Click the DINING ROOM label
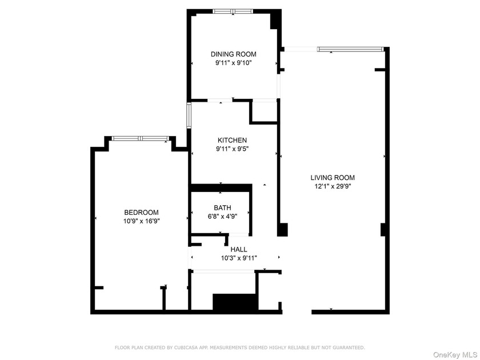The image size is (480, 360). pyautogui.click(x=233, y=54)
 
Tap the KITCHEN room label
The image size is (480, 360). pyautogui.click(x=232, y=140)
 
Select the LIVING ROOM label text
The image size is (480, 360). pyautogui.click(x=333, y=177)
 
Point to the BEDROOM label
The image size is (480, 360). pyautogui.click(x=141, y=212)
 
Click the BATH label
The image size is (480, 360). pyautogui.click(x=222, y=208)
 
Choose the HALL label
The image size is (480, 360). pyautogui.click(x=239, y=250)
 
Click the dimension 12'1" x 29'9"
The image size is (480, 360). pyautogui.click(x=333, y=186)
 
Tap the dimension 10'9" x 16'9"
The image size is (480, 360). pyautogui.click(x=141, y=221)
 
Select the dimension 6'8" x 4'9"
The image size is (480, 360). pyautogui.click(x=222, y=217)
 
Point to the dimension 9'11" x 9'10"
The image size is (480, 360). pyautogui.click(x=233, y=63)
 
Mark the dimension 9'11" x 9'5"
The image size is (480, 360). pyautogui.click(x=232, y=149)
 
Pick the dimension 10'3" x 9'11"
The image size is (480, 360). pyautogui.click(x=239, y=258)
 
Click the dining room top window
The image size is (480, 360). pyautogui.click(x=233, y=11)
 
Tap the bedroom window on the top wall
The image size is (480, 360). pyautogui.click(x=140, y=138)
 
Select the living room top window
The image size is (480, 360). pyautogui.click(x=350, y=49)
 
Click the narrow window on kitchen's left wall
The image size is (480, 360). pyautogui.click(x=189, y=113)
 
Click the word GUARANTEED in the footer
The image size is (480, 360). pyautogui.click(x=346, y=347)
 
